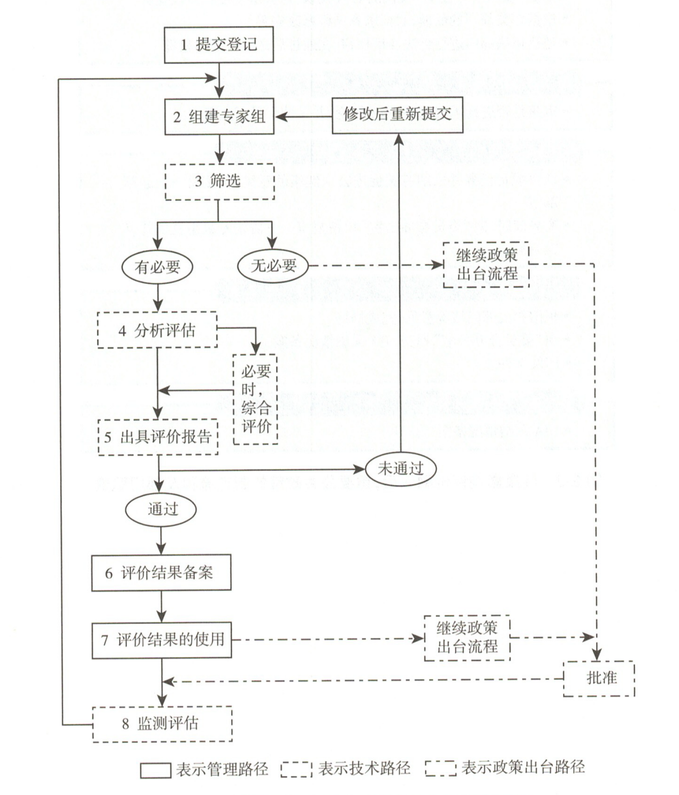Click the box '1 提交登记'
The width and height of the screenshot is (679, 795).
point(219,44)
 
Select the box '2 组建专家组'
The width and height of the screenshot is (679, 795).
point(219,116)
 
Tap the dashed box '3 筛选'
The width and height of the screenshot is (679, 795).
point(219,182)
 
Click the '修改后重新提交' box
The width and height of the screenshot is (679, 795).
point(397,115)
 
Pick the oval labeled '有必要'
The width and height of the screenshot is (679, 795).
point(157,266)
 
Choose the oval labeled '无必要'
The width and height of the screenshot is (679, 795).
point(273,265)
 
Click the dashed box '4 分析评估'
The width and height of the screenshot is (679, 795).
point(157,330)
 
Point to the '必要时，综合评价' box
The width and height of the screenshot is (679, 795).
point(255,399)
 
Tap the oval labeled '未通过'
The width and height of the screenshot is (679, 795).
point(400,469)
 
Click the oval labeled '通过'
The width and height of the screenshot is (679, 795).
point(161,509)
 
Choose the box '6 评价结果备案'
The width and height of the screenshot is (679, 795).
point(161,573)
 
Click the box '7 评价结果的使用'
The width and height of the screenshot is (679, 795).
point(162,639)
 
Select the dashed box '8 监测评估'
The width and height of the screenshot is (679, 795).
point(162,724)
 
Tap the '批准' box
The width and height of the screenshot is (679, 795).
point(599,678)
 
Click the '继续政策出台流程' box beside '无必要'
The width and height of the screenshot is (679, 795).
point(486,265)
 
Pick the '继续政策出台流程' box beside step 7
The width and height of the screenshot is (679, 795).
point(467,638)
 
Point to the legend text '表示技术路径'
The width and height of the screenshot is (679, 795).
point(364,768)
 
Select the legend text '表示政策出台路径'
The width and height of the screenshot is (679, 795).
point(522,767)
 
